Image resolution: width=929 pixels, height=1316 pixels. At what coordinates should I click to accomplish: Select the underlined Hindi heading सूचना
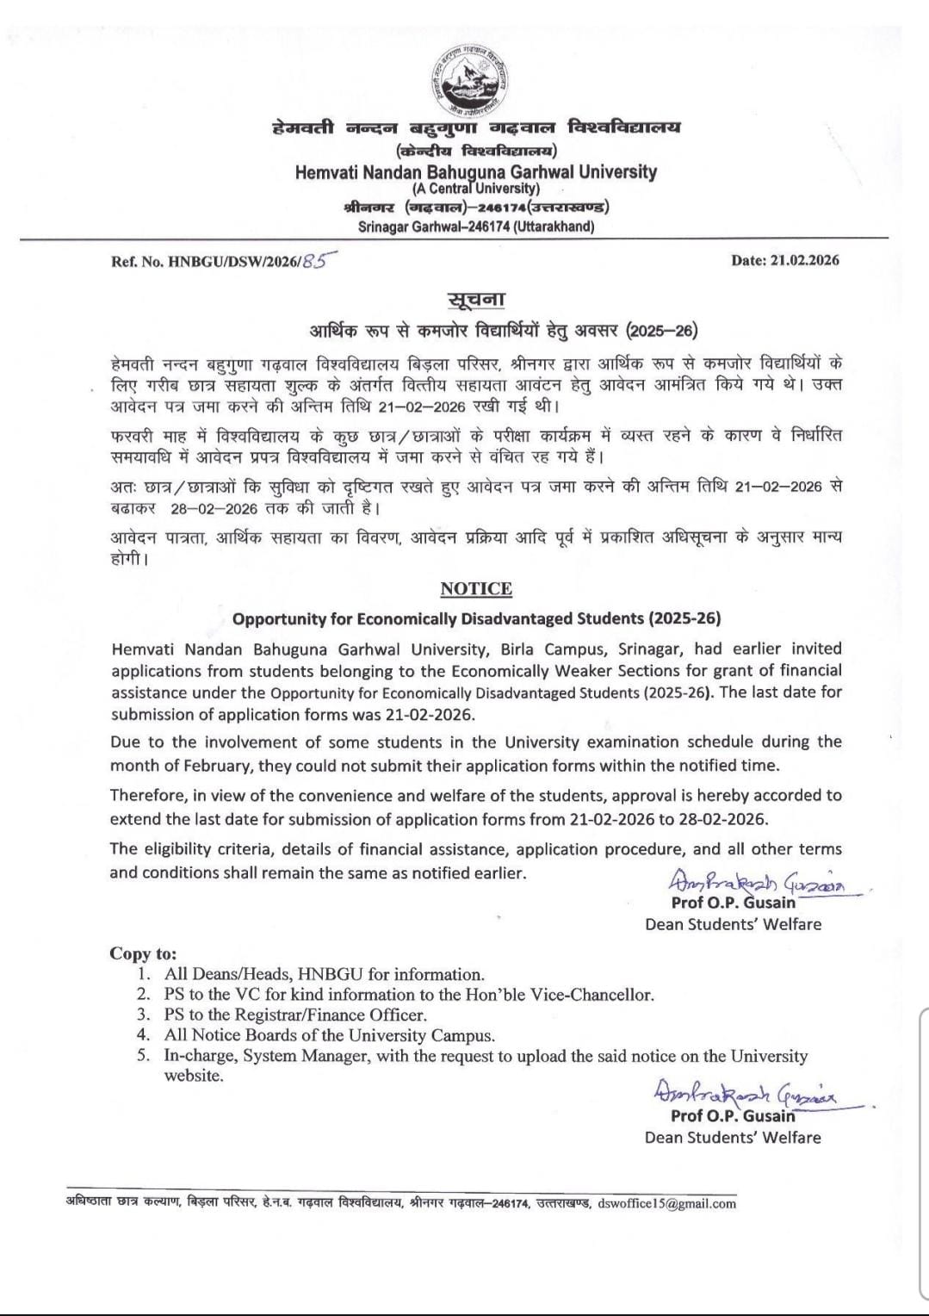(475, 301)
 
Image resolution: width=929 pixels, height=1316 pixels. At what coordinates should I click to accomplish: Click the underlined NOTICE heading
(476, 589)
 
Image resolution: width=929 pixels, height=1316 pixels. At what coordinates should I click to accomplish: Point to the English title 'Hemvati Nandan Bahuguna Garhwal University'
(475, 171)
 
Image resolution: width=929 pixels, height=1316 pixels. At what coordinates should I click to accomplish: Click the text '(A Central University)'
(475, 188)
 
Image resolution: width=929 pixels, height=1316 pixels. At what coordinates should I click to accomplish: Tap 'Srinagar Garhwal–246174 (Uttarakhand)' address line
(475, 227)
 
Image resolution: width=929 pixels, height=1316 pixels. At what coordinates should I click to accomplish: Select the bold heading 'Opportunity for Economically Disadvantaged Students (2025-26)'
(476, 618)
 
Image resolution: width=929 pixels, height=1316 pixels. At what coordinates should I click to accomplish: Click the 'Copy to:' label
(143, 953)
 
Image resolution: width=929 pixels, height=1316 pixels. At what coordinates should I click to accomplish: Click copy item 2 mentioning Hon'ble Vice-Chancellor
(409, 995)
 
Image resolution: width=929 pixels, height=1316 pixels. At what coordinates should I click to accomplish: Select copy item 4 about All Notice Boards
(330, 1035)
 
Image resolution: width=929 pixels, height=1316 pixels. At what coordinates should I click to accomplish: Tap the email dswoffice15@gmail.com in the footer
(666, 1203)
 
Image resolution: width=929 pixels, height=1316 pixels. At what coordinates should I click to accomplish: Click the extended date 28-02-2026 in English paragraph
(724, 818)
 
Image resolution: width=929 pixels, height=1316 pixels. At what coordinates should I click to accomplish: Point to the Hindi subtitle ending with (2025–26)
(503, 330)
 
